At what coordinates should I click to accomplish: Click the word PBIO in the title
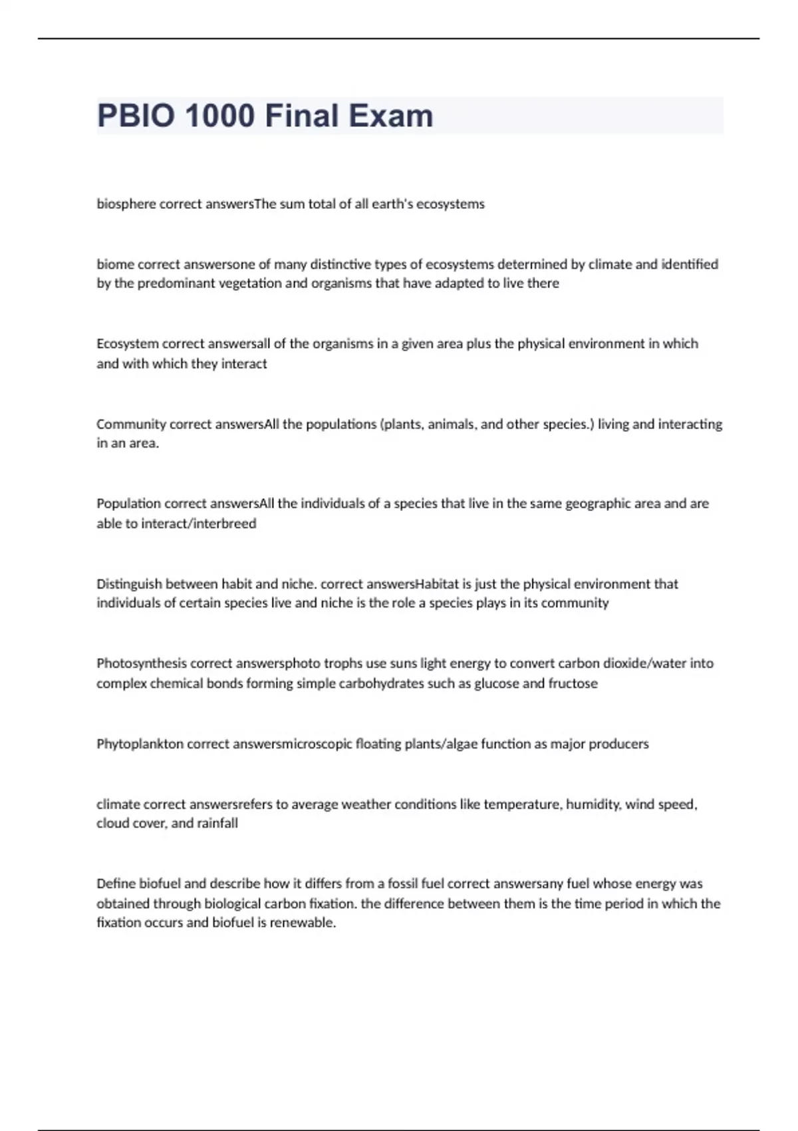(138, 116)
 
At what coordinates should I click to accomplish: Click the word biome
(115, 264)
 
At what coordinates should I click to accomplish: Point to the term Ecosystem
(128, 344)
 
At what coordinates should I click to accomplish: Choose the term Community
(131, 424)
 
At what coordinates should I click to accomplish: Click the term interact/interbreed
(199, 524)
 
